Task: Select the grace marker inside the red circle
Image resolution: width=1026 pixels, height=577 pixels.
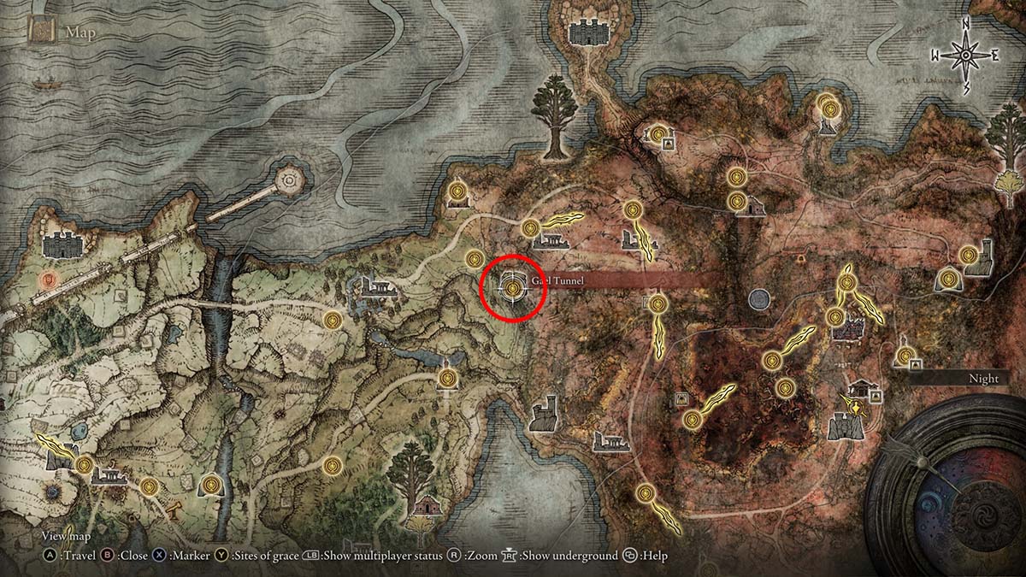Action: pos(512,289)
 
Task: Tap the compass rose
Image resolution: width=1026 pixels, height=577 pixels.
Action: pos(965,56)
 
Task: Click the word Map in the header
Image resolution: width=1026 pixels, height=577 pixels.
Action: pos(82,34)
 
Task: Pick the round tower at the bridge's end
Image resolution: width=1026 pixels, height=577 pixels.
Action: pos(290,179)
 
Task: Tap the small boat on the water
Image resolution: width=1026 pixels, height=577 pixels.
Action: pos(44,85)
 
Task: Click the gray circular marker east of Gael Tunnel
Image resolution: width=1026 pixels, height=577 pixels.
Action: pos(758,299)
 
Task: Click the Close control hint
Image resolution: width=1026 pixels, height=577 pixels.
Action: pos(125,556)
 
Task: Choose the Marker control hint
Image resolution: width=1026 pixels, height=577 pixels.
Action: pos(181,556)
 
